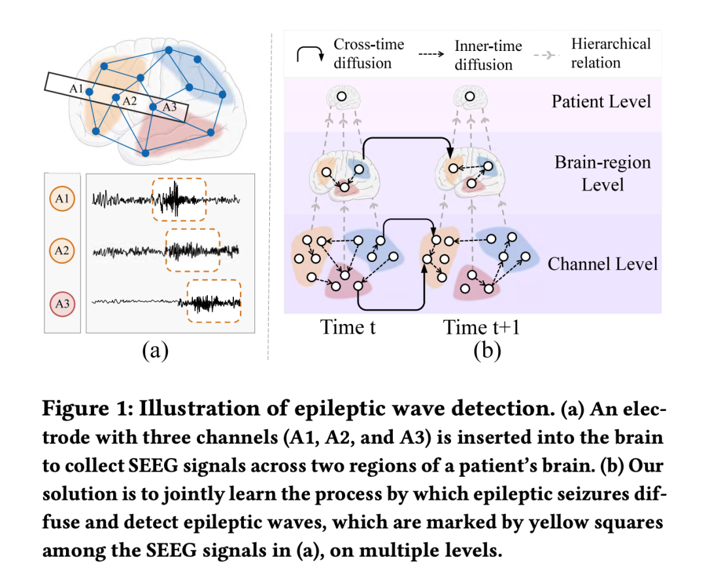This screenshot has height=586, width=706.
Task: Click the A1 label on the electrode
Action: [x=76, y=88]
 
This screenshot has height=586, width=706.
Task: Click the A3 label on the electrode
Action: [x=169, y=107]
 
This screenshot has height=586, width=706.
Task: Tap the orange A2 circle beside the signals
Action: [x=62, y=251]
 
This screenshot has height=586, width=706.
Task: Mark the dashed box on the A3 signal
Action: [x=213, y=301]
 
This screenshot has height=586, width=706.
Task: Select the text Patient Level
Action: [x=601, y=102]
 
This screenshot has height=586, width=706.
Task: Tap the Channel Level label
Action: [x=602, y=264]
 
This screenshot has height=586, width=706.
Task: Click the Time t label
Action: [x=348, y=327]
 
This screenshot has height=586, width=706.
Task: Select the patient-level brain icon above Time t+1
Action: [x=470, y=99]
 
